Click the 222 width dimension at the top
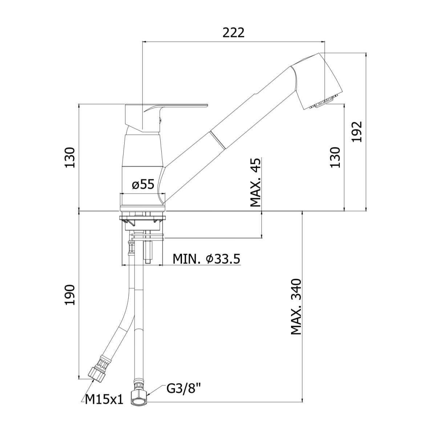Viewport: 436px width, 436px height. point(234,33)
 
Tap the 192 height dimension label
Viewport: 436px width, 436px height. point(357,132)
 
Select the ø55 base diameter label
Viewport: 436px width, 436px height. point(143,184)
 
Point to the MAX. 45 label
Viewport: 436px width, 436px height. point(256,183)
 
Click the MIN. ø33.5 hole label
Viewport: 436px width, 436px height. point(206,259)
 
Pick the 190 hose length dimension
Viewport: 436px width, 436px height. point(70,295)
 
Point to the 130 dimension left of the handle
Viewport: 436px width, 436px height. point(70,158)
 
